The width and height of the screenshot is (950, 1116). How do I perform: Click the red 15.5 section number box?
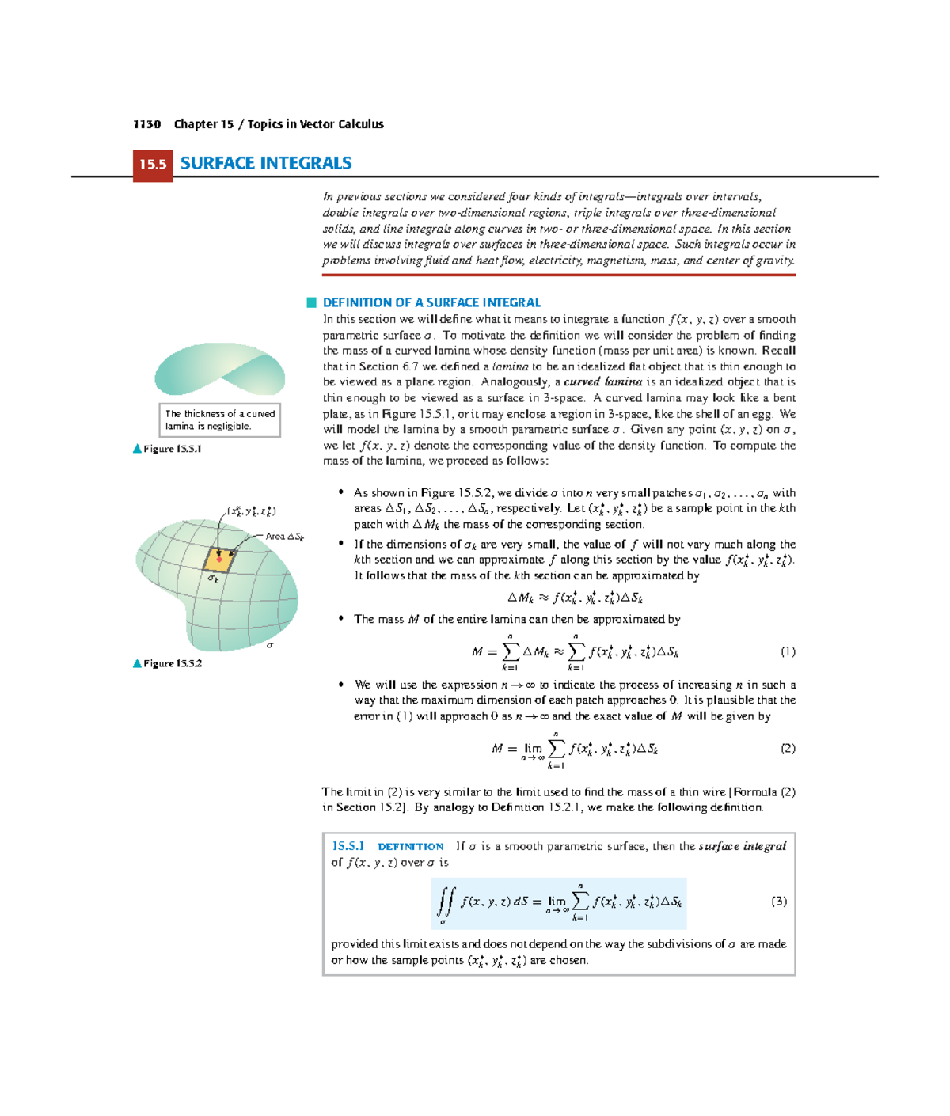tap(153, 165)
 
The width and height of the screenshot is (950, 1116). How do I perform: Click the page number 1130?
tap(146, 124)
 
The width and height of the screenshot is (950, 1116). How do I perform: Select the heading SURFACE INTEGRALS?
tap(266, 164)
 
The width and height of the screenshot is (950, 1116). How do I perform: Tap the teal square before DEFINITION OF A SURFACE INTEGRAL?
tap(312, 302)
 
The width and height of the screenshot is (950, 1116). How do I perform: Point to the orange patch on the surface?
tap(218, 560)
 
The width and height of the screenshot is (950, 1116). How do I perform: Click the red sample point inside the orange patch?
tap(219, 560)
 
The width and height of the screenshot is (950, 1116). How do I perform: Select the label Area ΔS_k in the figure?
tap(284, 536)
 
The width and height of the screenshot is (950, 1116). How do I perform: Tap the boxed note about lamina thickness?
tap(220, 419)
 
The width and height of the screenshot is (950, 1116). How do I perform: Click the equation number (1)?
tap(788, 651)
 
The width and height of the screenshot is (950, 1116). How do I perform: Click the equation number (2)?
tap(788, 748)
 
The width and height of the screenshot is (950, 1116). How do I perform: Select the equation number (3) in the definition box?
tap(779, 901)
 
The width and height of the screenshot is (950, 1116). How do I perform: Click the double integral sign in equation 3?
tap(446, 901)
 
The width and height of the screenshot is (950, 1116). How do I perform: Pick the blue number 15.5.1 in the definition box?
tap(348, 846)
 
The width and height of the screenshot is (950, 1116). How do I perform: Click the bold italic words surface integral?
tap(742, 846)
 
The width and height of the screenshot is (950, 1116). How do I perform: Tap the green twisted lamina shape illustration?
tap(219, 369)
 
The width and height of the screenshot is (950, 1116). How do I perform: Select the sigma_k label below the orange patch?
tap(213, 579)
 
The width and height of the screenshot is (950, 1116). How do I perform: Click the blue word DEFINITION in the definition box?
tap(410, 847)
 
